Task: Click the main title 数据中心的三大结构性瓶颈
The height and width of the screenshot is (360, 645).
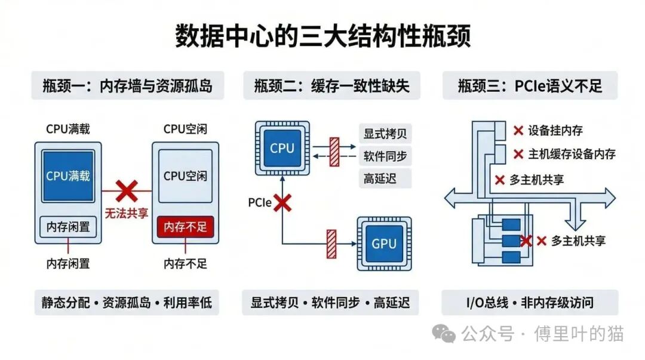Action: coord(322,36)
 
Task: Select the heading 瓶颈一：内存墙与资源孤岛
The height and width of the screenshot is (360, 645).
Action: coord(127,86)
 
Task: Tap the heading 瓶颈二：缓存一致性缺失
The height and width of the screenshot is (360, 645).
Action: coord(331,86)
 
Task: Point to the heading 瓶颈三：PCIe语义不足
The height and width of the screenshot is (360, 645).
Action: coord(530,86)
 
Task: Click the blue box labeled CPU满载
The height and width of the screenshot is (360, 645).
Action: coord(67,176)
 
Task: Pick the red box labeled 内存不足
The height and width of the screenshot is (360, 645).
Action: coord(185,227)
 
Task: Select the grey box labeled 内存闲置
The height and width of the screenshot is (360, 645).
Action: coord(67,227)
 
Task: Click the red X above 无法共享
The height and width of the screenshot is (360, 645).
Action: coord(126,191)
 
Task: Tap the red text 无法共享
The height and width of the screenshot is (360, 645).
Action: coord(126,213)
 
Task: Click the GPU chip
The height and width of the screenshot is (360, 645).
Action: coord(383,243)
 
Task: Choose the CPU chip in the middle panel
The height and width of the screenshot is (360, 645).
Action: coord(282,149)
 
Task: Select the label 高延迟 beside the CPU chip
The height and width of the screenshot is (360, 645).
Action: coord(379,178)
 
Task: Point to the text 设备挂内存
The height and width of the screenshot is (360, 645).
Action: coord(555,130)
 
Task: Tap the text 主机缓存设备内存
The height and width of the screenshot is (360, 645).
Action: coord(572,154)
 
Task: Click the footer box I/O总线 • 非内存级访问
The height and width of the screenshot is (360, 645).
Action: coord(530,303)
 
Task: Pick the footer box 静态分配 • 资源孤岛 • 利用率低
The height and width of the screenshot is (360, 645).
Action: coord(127,303)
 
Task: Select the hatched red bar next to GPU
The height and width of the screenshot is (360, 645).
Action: coord(331,244)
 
